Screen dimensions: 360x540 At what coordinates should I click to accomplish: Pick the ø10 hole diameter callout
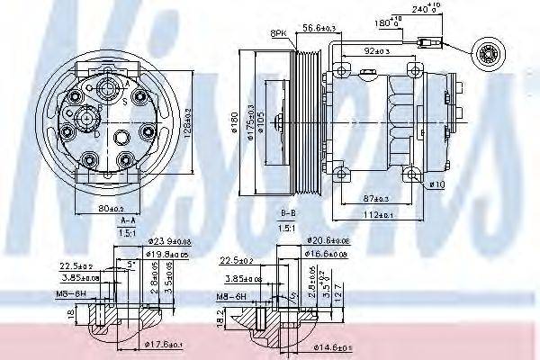[437, 184]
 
